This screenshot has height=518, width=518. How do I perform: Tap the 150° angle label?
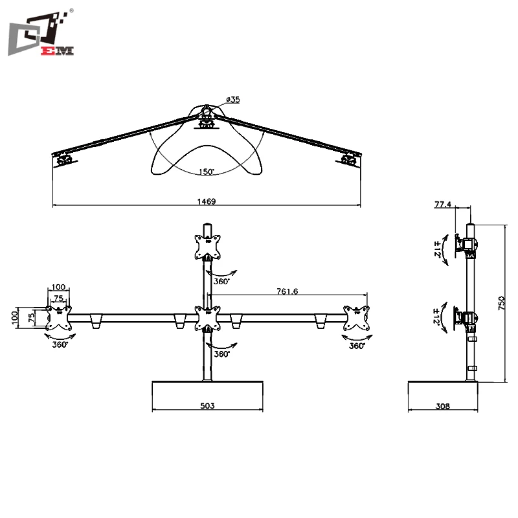207,172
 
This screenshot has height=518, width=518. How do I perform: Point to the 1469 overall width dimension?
207,201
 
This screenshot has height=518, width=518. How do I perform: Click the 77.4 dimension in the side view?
443,205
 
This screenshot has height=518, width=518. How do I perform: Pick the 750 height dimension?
501,303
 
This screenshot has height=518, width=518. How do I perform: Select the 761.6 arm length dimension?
286,292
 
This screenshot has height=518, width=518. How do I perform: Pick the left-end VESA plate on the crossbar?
60,319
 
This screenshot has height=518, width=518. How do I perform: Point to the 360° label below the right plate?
357,346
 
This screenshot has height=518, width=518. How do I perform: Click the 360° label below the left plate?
60,345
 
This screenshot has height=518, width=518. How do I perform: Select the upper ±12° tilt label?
438,248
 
